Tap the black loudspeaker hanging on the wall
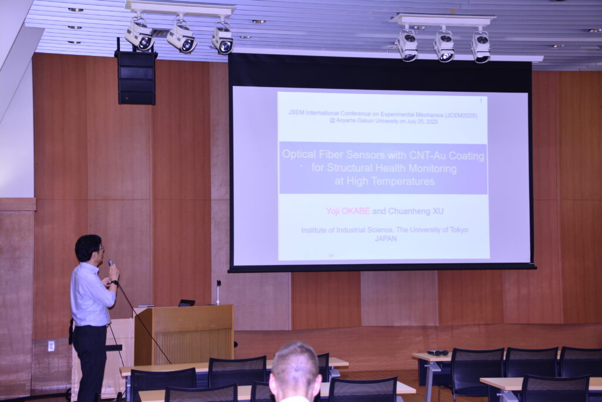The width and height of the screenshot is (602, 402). [x=136, y=78]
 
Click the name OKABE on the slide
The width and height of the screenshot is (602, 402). [x=356, y=211]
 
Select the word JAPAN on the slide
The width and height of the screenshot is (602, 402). [x=386, y=238]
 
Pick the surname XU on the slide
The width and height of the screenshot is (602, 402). [x=438, y=211]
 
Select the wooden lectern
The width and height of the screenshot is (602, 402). [x=183, y=334]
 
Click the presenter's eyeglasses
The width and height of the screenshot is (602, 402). [x=101, y=248]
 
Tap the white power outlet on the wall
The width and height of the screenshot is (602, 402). [x=51, y=346]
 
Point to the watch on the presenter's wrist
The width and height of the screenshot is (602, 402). [x=115, y=283]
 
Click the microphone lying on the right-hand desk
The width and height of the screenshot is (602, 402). [x=437, y=353]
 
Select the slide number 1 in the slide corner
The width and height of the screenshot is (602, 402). [x=481, y=101]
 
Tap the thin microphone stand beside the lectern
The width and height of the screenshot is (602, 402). [x=219, y=293]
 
